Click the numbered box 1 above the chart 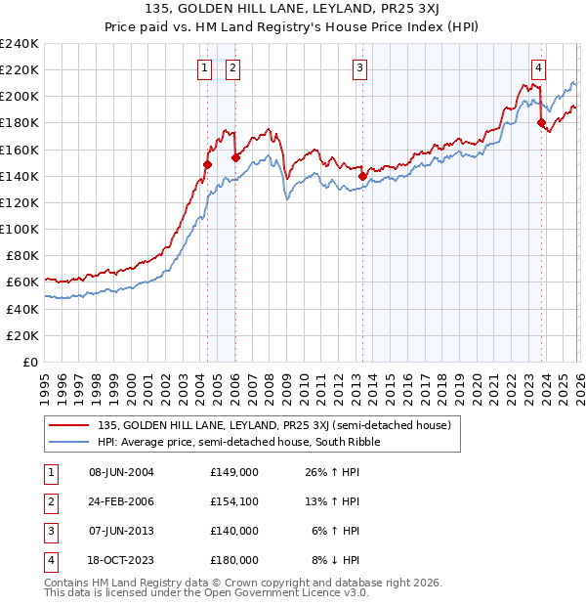[x=204, y=67]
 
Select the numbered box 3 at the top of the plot [x=360, y=67]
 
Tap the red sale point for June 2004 [x=207, y=164]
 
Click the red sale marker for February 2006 [x=236, y=157]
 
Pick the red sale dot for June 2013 [x=362, y=176]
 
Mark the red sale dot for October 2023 [x=541, y=122]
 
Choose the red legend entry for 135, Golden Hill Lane [x=273, y=425]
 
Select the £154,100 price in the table [x=234, y=501]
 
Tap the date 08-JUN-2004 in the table [x=121, y=472]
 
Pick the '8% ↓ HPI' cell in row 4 [x=336, y=560]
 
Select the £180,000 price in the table [x=234, y=560]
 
